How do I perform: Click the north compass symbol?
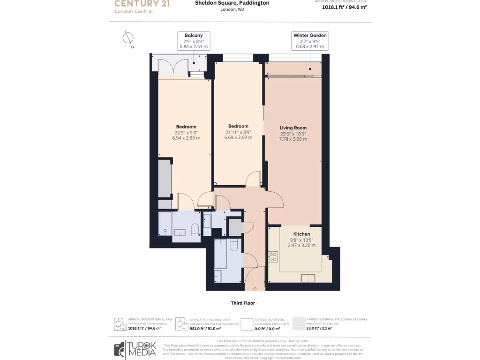click(x=127, y=39)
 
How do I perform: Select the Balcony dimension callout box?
click(x=193, y=41)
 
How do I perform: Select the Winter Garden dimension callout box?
click(x=310, y=41)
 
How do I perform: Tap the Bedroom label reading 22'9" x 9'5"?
click(x=186, y=132)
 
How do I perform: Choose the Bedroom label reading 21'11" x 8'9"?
click(x=238, y=132)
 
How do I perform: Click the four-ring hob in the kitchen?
click(x=273, y=256)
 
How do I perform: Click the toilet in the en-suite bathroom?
click(x=195, y=229)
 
